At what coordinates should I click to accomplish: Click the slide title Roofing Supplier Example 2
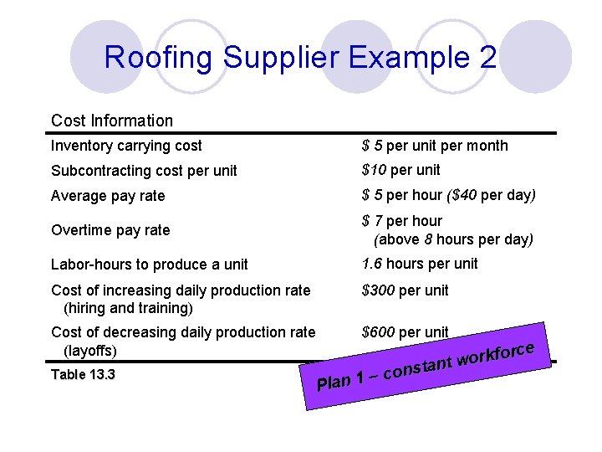tap(300, 58)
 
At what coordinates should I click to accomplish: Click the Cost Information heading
tap(112, 121)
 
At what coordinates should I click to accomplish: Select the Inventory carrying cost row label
tap(126, 146)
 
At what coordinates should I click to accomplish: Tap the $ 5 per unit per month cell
tap(435, 146)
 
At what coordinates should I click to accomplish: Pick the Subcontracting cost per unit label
tap(144, 171)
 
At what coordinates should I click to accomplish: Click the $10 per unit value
tap(400, 170)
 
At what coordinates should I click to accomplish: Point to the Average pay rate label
tap(108, 196)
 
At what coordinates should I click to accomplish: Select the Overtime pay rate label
tap(110, 230)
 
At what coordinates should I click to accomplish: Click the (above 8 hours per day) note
tap(453, 239)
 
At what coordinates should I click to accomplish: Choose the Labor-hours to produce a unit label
tap(150, 265)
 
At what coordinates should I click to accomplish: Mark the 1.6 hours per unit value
tap(420, 264)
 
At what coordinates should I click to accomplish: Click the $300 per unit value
tap(405, 290)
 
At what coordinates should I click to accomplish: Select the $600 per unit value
tap(405, 332)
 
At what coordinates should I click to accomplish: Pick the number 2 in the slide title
tap(488, 58)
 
